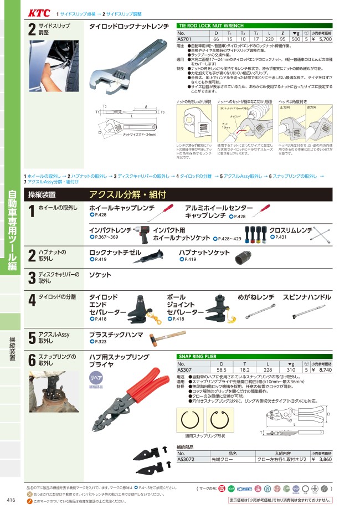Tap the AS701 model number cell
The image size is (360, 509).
coord(184,40)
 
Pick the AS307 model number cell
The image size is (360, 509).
coord(184,369)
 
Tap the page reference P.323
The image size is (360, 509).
coord(100,342)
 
